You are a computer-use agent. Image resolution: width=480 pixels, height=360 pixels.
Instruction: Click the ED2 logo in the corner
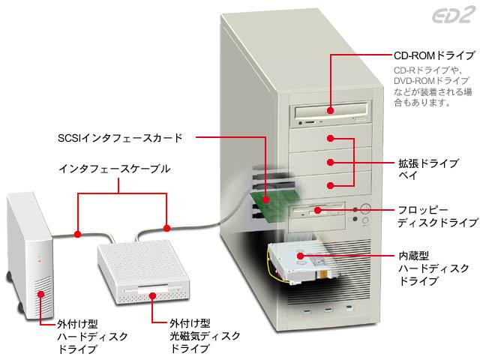pos(454,15)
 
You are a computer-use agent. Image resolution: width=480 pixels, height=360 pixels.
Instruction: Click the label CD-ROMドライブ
pos(434,55)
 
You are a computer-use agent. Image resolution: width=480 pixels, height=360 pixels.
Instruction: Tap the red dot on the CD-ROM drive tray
pos(330,110)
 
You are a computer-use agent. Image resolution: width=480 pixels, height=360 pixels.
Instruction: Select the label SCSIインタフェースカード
pos(120,138)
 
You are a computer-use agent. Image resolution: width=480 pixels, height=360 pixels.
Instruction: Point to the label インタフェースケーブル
pos(114,169)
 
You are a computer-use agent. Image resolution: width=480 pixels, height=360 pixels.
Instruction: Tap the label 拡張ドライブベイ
pos(428,169)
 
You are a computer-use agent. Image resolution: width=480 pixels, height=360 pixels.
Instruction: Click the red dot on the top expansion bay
pos(330,138)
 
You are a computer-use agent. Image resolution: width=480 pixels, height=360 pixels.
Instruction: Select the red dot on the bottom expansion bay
pos(330,185)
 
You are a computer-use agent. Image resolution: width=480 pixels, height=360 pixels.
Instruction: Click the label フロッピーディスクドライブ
pos(438,217)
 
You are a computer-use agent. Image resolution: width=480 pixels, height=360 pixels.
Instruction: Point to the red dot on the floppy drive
pos(318,210)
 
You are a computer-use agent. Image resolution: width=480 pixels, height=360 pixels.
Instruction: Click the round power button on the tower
pos(365,209)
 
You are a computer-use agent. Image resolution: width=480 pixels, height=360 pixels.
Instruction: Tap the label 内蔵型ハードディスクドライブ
pos(433,268)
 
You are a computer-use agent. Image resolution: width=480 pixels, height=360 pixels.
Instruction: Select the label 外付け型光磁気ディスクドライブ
pos(205,336)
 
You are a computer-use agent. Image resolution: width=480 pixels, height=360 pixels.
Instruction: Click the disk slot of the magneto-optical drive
pos(153,289)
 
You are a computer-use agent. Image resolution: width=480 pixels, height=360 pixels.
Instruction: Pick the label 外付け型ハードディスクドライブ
pos(92,337)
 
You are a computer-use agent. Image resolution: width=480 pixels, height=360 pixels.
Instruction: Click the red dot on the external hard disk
pos(40,295)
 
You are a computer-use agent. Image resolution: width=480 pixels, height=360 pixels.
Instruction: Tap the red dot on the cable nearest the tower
pos(166,228)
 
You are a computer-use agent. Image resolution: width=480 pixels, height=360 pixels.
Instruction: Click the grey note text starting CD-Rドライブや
pos(433,86)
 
